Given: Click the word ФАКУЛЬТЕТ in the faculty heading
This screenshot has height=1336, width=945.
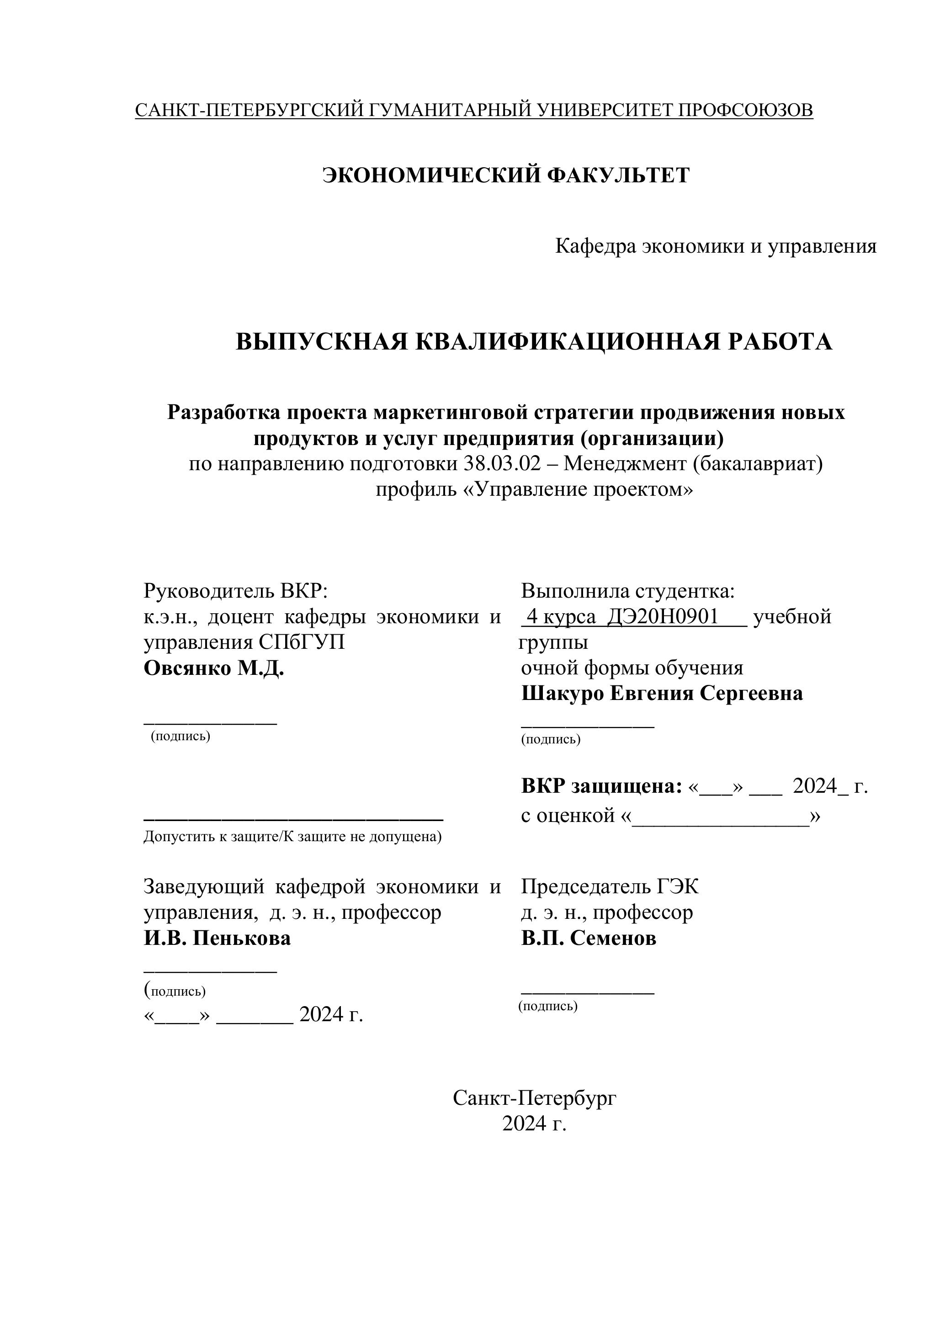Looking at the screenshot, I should point(619,175).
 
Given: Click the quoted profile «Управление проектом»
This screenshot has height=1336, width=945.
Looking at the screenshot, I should point(534,489).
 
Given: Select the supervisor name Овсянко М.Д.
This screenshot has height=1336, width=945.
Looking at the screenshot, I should point(213,668).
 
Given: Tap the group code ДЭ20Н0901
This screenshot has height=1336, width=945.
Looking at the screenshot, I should point(663,617).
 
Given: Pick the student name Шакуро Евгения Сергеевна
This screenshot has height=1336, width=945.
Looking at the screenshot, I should point(662,694).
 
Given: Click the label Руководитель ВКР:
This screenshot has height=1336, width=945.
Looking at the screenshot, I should point(236,591).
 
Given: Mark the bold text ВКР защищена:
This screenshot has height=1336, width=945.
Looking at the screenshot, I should point(601,786).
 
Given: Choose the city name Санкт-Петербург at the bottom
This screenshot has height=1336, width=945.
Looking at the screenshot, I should point(534,1098).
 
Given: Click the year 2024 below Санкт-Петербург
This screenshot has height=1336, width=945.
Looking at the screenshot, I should point(526,1124).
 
